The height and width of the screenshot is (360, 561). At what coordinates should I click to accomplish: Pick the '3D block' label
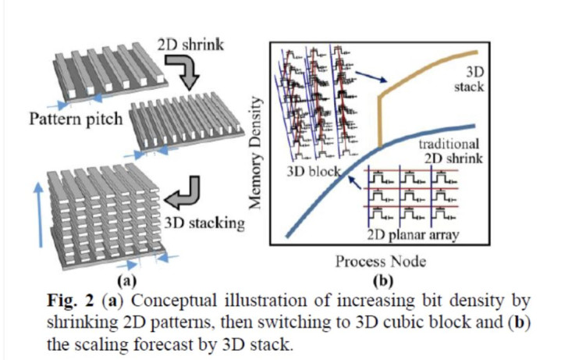307,172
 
